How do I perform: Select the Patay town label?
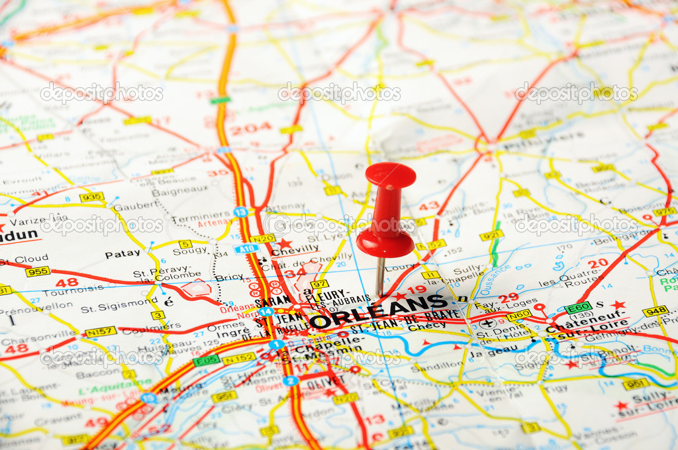122,253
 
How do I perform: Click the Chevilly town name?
295,249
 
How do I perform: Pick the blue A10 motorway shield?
246,249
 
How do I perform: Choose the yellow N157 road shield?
101,332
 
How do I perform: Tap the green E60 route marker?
578,308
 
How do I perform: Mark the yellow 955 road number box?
38,271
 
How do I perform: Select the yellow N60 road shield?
519,315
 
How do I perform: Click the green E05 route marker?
207,361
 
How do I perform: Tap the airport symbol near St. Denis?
488,324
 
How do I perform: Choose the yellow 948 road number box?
655,310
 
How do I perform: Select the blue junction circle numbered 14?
266,312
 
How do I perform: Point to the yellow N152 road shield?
238,358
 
